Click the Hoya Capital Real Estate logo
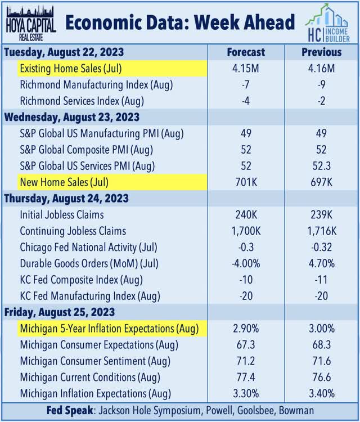(x=29, y=23)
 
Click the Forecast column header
(x=246, y=52)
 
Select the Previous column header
(x=321, y=52)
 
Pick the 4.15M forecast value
(x=246, y=69)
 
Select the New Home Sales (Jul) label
(x=64, y=182)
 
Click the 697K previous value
(x=321, y=182)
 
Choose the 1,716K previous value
(x=321, y=231)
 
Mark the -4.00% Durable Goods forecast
(x=246, y=263)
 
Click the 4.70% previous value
(x=321, y=263)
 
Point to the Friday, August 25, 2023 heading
(x=59, y=312)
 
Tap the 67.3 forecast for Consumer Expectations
(x=246, y=345)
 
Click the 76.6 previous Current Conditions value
(x=321, y=378)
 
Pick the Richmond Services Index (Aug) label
(x=82, y=101)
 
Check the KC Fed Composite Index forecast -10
(x=246, y=280)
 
